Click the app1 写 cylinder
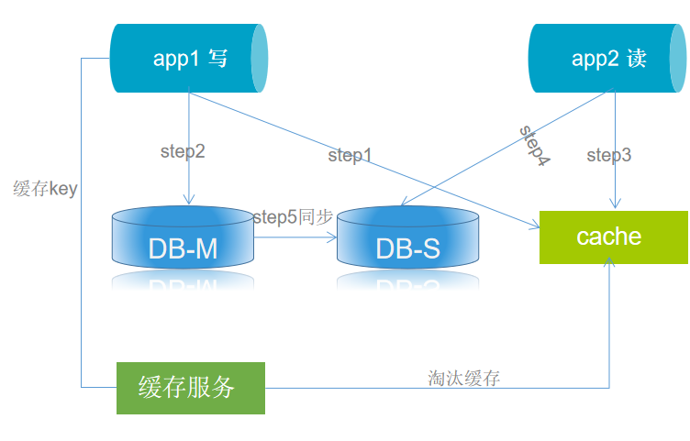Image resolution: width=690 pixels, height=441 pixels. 188,59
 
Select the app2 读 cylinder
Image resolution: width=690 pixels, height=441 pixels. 607,59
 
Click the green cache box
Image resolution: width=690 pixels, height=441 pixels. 613,237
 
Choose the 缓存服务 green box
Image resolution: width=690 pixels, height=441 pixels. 190,388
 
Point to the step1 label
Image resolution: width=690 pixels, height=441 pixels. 350,156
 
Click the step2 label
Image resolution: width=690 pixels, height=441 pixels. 183,152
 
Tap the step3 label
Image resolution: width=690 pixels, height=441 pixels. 609,156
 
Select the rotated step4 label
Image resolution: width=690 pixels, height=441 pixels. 534,145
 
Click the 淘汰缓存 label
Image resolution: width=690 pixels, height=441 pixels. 463,378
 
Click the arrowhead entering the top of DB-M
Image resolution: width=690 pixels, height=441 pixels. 188,201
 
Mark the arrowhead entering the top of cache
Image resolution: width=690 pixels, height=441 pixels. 614,204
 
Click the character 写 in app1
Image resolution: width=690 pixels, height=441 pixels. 217,59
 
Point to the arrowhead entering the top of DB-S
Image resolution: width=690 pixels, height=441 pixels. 403,208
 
